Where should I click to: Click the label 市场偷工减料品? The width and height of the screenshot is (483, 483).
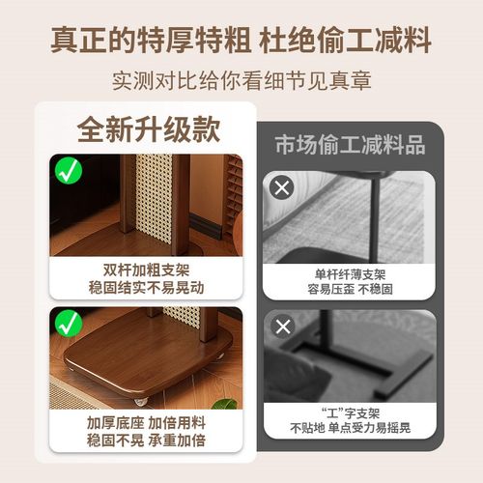[350, 146]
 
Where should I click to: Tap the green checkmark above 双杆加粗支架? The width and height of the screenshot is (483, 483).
[69, 173]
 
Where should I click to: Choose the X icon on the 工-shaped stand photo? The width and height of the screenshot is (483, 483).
[282, 326]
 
